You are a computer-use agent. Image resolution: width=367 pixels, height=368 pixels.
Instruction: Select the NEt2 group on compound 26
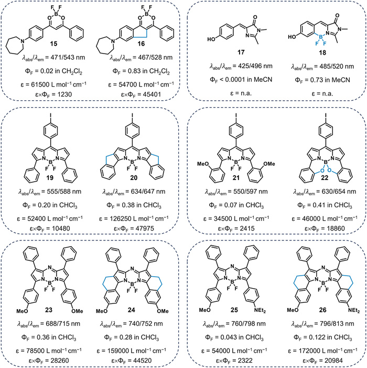tap(338, 310)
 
